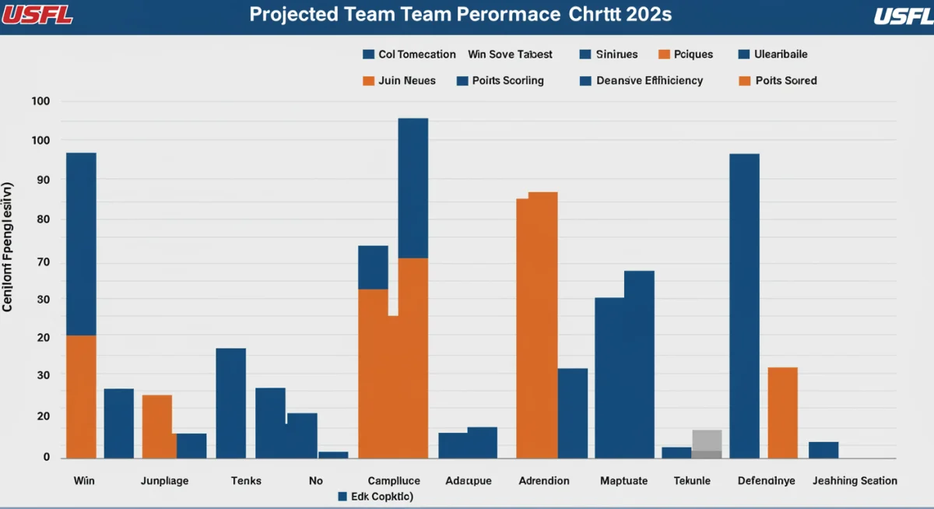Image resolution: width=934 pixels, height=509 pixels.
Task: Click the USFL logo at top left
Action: coord(37,15)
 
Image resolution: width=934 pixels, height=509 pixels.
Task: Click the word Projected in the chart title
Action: coord(293,15)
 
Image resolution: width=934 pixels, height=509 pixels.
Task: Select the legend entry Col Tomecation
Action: coord(409,54)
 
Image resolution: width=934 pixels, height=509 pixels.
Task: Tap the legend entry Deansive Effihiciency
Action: coord(641,80)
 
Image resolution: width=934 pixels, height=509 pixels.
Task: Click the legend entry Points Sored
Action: coord(778,80)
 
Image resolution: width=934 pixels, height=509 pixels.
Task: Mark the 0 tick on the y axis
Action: coord(46,457)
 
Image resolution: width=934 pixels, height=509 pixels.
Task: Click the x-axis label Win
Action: coord(84,481)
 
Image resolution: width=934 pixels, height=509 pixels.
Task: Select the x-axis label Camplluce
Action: coord(394,481)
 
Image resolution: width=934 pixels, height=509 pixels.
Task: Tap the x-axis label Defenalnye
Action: coord(767,481)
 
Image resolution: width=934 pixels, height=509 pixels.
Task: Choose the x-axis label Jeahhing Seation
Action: coord(855,481)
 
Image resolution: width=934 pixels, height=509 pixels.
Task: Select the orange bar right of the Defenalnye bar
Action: coord(782,412)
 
